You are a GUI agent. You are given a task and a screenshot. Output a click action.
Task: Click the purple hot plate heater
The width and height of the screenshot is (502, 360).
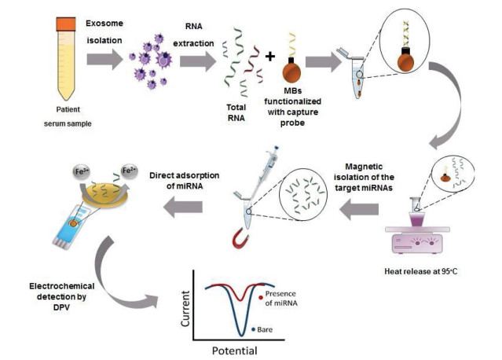coord(420,241)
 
